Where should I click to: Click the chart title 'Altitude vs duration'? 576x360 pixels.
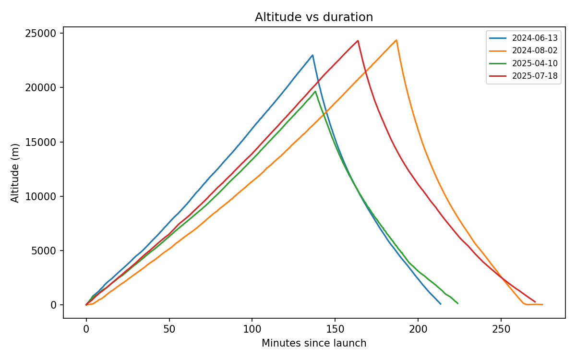(x=313, y=17)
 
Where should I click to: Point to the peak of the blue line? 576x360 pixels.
(x=312, y=55)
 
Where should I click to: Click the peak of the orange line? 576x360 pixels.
(x=396, y=40)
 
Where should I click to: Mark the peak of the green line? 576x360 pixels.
(x=315, y=91)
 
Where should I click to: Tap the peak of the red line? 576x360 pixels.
(x=358, y=40)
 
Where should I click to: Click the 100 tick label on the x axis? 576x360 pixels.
(x=252, y=329)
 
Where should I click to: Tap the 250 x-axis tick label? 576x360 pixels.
(x=501, y=329)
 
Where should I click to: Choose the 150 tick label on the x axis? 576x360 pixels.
(x=335, y=329)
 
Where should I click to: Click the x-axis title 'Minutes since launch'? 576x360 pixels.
(x=313, y=343)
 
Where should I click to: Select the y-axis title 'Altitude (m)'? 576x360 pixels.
(x=15, y=173)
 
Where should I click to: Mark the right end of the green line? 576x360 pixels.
(x=458, y=303)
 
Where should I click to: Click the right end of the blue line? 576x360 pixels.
(x=441, y=304)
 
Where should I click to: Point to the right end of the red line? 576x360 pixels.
(x=535, y=302)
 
